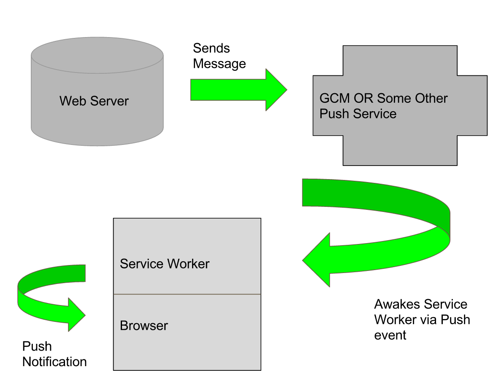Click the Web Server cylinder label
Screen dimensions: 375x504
(94, 101)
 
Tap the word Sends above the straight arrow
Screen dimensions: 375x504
(211, 48)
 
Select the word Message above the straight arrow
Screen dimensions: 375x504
(219, 64)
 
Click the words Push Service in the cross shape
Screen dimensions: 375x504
(358, 114)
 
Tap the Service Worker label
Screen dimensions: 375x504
(164, 264)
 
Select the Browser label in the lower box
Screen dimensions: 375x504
(144, 326)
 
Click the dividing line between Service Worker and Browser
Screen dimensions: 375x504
(187, 294)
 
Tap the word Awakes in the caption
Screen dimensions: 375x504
(397, 304)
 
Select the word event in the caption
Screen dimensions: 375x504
(390, 335)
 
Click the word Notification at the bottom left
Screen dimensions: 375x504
(54, 362)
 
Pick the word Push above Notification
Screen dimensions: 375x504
(37, 346)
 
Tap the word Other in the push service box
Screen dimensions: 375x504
(431, 98)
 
